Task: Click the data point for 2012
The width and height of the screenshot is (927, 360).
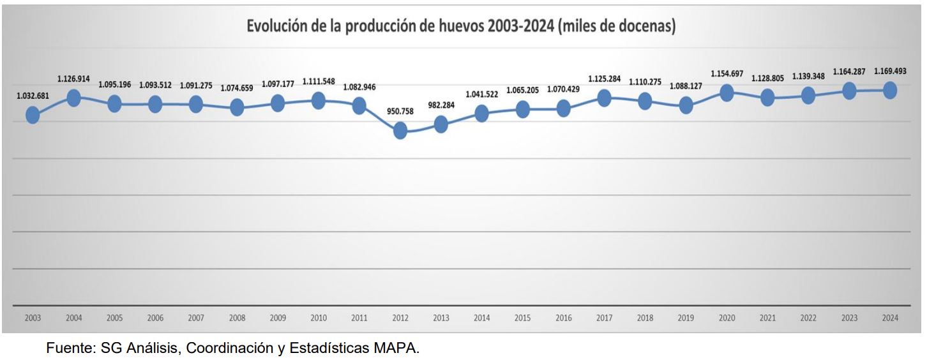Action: [x=400, y=131]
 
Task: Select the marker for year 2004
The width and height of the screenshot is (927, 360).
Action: [x=73, y=98]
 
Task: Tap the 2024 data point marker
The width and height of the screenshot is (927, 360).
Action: [x=890, y=91]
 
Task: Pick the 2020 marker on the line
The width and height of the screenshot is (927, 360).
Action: [x=727, y=93]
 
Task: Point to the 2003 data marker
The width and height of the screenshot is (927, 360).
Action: [x=33, y=115]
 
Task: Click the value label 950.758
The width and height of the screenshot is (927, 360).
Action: [x=400, y=111]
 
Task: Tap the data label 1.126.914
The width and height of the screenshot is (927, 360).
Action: [x=73, y=79]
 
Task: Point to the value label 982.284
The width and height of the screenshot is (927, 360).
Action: [x=441, y=105]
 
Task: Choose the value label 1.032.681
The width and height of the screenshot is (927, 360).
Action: [x=32, y=96]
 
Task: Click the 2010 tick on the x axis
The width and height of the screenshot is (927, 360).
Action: [x=319, y=318]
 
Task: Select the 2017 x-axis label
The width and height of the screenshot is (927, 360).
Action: [x=604, y=318]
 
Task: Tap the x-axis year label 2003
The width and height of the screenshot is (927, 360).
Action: [x=33, y=318]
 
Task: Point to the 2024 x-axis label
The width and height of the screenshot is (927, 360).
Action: [x=890, y=318]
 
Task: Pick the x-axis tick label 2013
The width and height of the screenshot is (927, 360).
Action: [x=441, y=318]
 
